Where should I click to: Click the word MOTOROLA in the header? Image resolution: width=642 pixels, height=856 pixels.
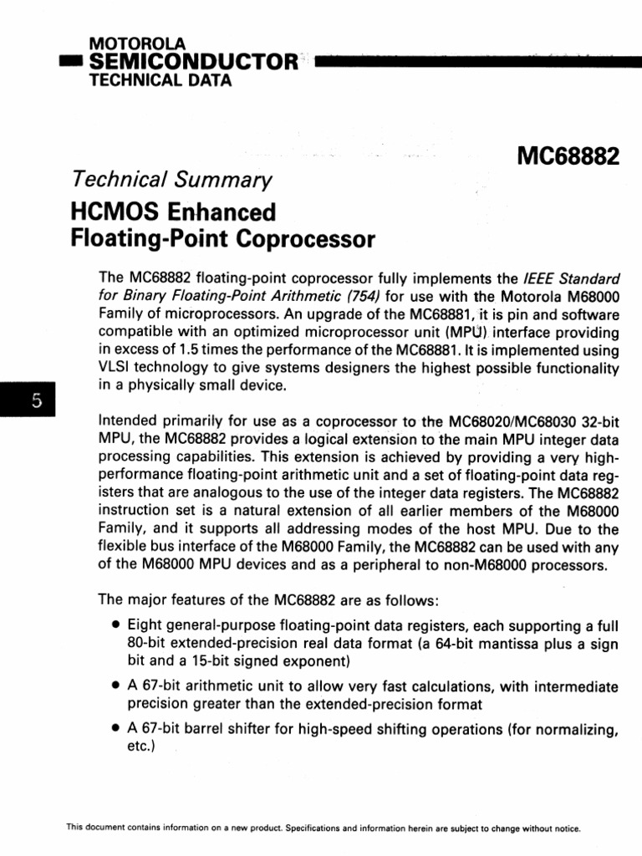tap(138, 43)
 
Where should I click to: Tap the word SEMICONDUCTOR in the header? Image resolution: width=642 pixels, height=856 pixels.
tap(193, 61)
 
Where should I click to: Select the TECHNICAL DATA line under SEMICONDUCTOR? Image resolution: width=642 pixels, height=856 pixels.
tap(160, 80)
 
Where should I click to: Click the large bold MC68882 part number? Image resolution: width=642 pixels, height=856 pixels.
tap(568, 156)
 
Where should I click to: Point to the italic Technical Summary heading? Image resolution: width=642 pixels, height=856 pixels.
tap(172, 179)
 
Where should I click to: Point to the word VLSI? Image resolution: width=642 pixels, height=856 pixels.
tap(115, 368)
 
